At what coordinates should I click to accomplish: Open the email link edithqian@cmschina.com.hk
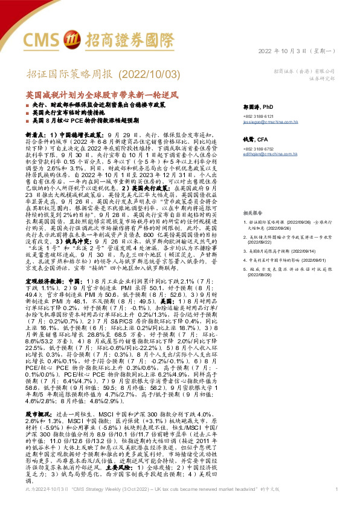(278, 155)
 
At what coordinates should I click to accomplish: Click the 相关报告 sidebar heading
(260, 197)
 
